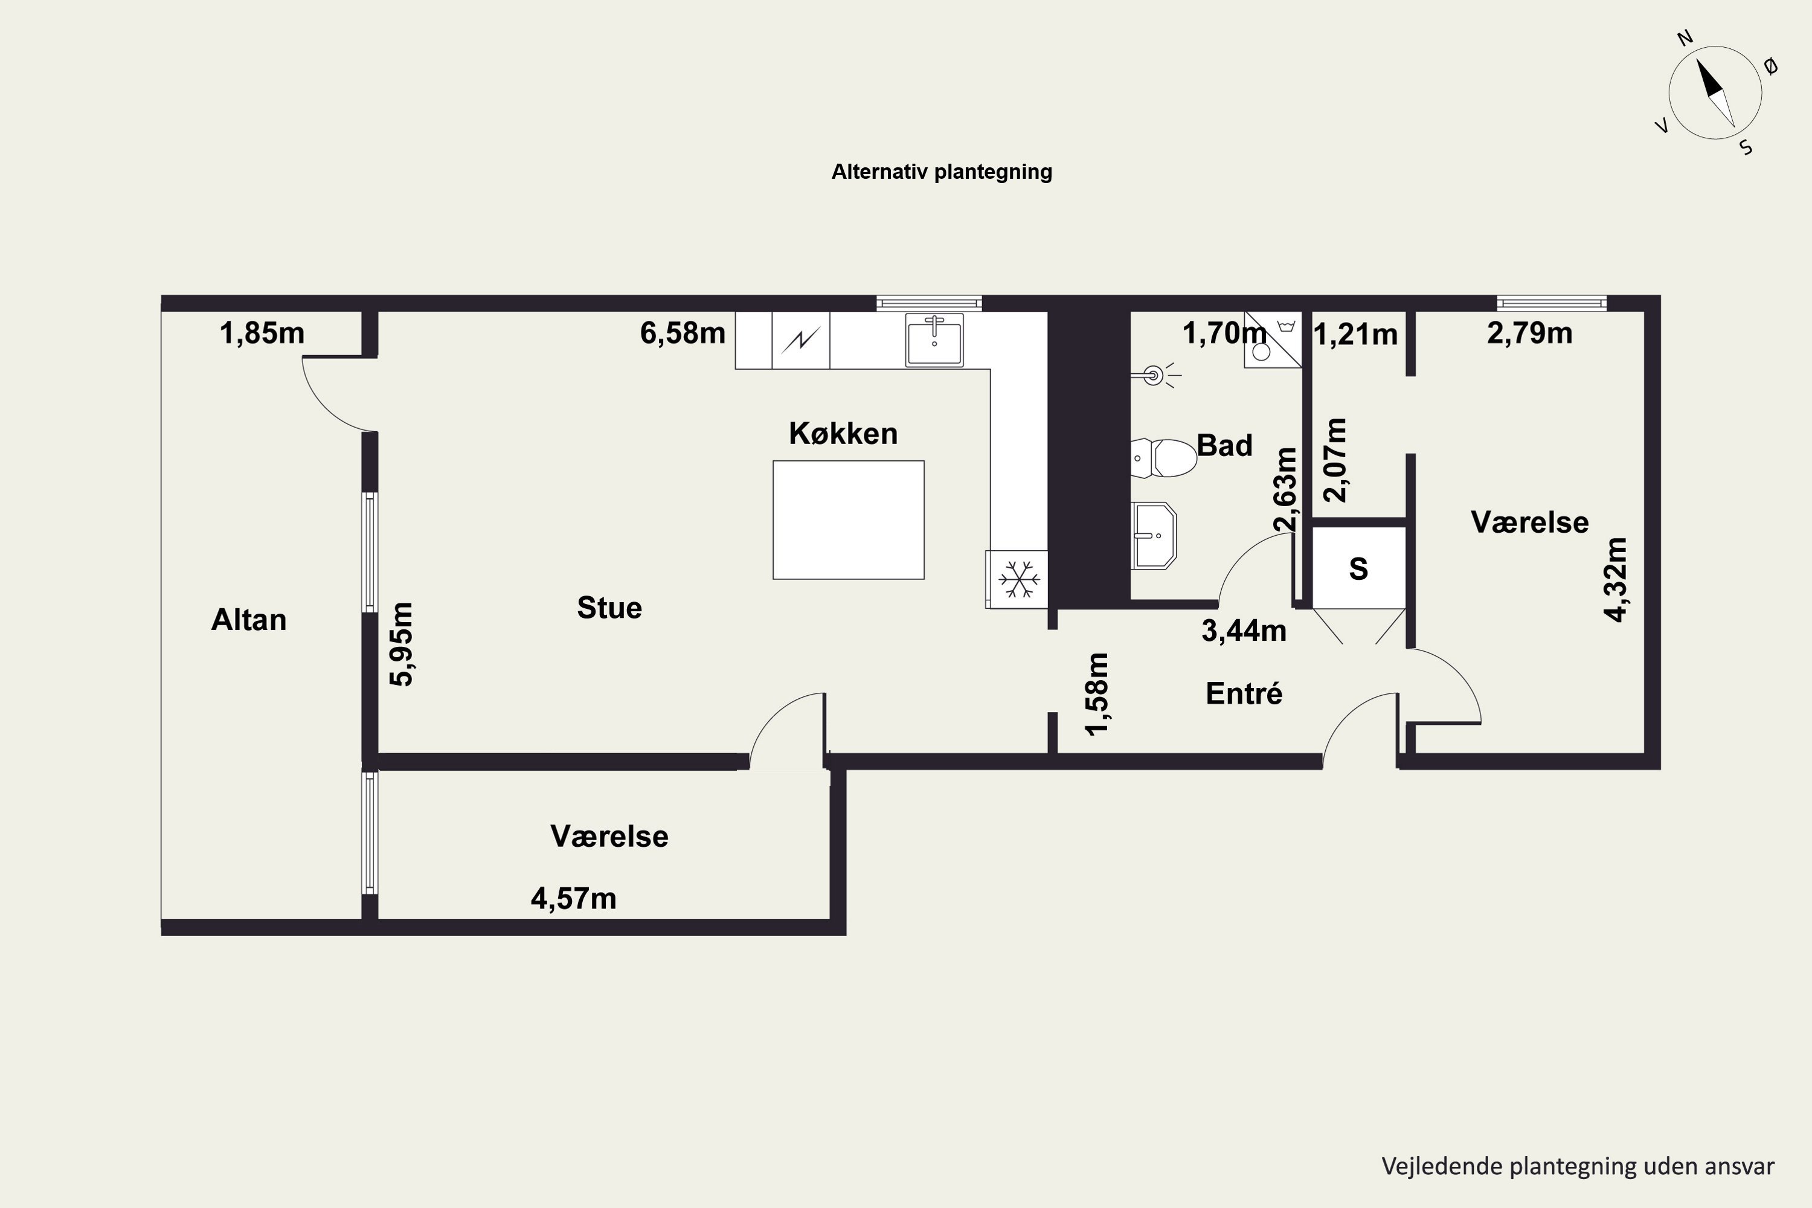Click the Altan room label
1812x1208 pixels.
tap(249, 620)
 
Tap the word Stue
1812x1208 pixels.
tap(609, 608)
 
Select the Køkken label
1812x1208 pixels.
tap(843, 434)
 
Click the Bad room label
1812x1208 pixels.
tap(1224, 445)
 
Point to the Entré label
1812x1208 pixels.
tap(1244, 693)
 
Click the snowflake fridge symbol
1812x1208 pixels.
tap(1018, 579)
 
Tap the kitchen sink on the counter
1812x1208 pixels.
tap(934, 339)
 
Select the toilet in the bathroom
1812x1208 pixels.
tap(1163, 458)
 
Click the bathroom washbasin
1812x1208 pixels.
tap(1153, 535)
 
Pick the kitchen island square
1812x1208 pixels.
tap(848, 520)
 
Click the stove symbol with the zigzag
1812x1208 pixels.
tap(800, 339)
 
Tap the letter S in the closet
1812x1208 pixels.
tap(1358, 568)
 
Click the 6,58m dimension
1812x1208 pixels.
tap(683, 333)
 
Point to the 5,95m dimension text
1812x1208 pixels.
tap(402, 644)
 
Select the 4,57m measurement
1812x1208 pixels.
tap(573, 898)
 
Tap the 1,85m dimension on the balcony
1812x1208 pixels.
tap(262, 333)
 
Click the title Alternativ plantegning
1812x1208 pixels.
tap(942, 172)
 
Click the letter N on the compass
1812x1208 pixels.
tap(1685, 37)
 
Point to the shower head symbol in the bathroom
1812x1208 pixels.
tap(1155, 375)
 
